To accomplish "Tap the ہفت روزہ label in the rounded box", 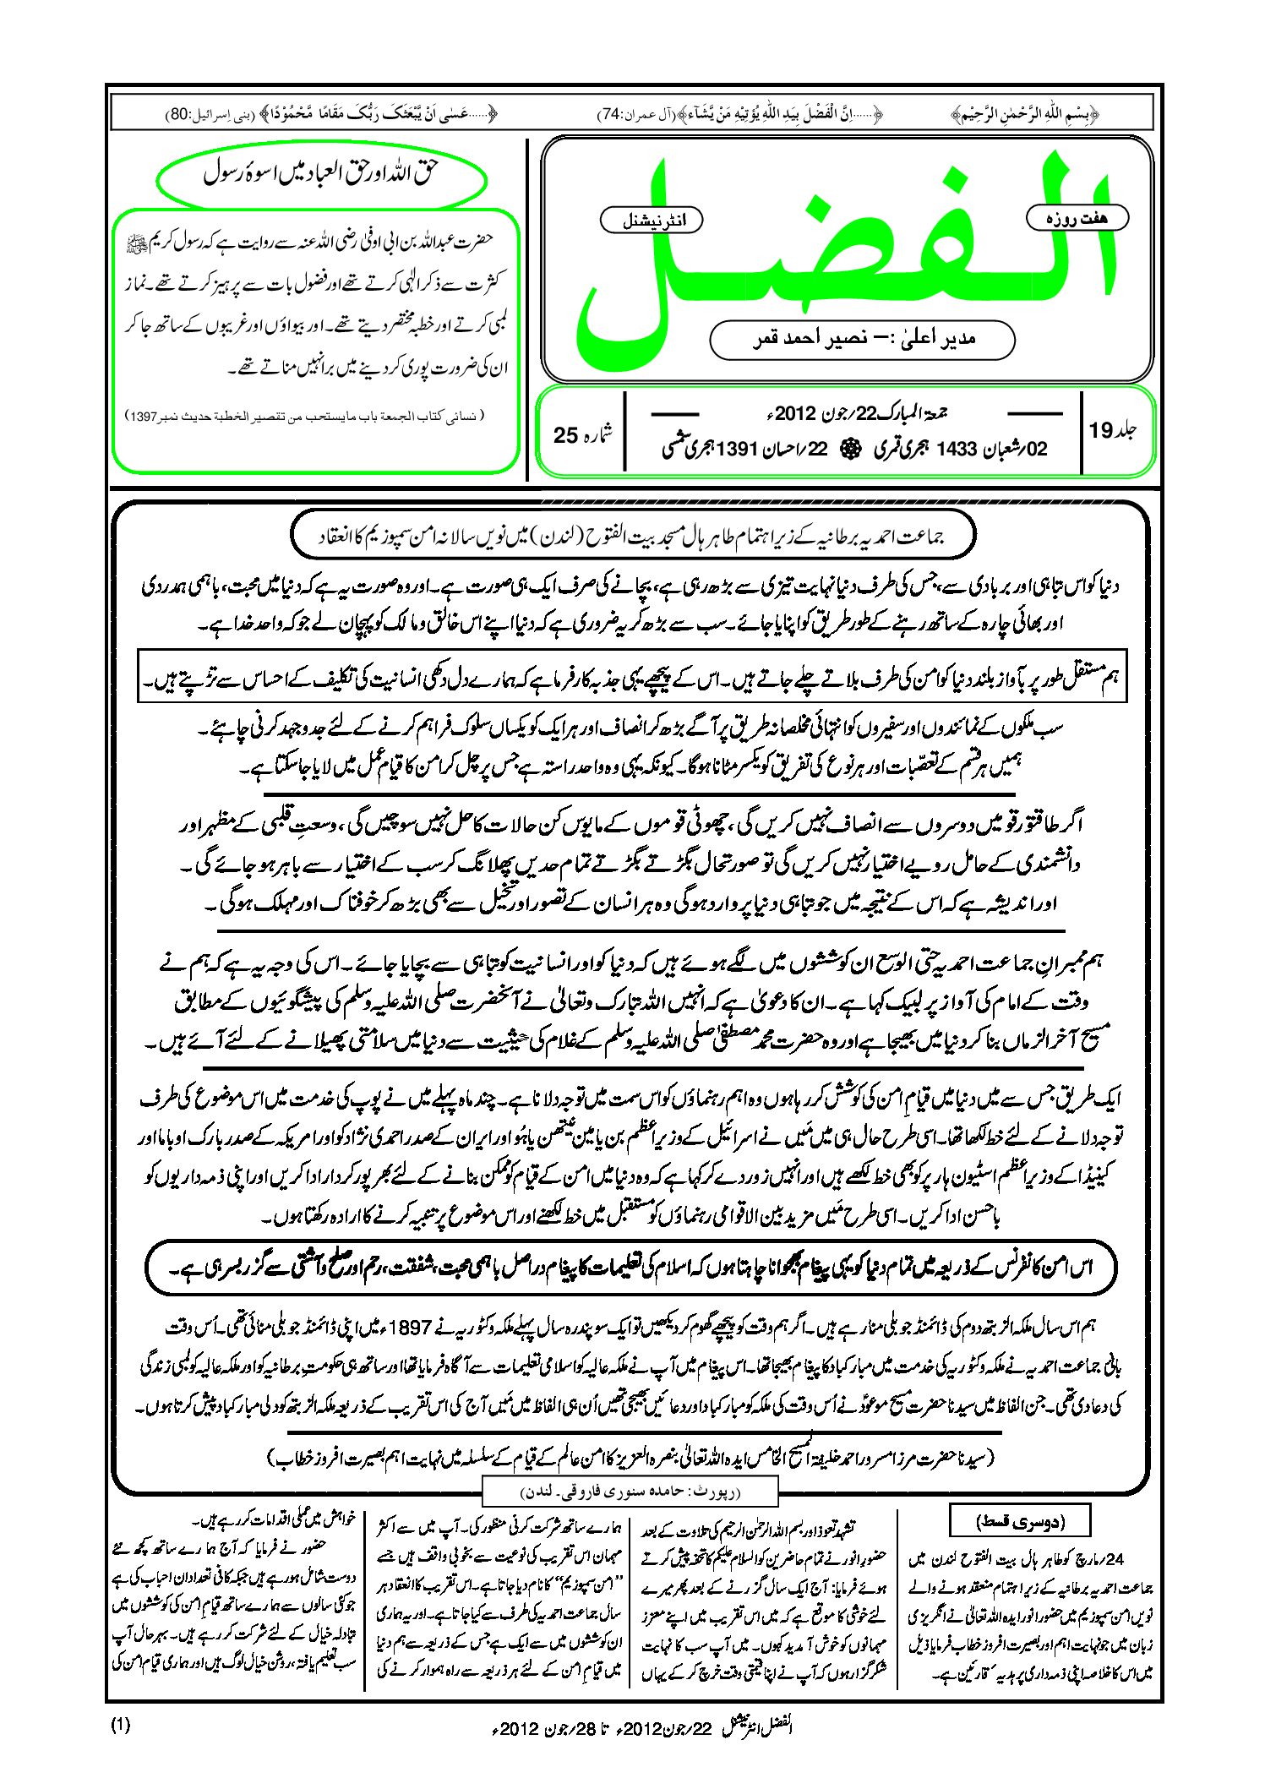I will (1077, 218).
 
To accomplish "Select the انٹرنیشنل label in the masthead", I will (651, 221).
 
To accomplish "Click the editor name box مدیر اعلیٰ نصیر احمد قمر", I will (862, 339).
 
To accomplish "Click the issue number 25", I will (565, 435).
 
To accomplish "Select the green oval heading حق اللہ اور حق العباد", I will (322, 175).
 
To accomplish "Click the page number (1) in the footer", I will (120, 1724).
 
